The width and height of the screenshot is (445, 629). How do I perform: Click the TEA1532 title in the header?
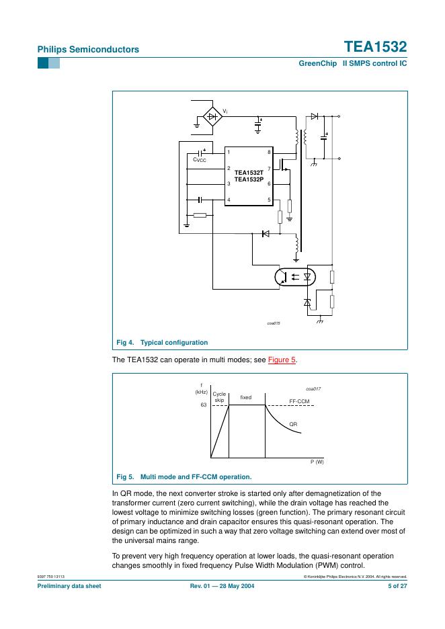pyautogui.click(x=375, y=47)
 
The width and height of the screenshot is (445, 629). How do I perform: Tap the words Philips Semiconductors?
pyautogui.click(x=88, y=49)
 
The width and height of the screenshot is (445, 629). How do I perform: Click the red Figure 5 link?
pyautogui.click(x=282, y=360)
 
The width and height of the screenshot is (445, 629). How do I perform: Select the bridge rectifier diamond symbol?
pyautogui.click(x=212, y=117)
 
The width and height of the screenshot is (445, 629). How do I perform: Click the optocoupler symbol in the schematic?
pyautogui.click(x=295, y=277)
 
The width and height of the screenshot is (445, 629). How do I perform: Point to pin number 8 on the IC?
pyautogui.click(x=270, y=152)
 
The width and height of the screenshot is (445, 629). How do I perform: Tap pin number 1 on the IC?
pyautogui.click(x=229, y=152)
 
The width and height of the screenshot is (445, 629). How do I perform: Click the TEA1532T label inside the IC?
pyautogui.click(x=249, y=173)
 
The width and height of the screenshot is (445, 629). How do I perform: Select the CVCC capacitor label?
pyautogui.click(x=200, y=160)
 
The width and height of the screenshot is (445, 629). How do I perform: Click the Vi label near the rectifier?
pyautogui.click(x=225, y=111)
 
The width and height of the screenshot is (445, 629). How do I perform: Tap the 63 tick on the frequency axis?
pyautogui.click(x=204, y=405)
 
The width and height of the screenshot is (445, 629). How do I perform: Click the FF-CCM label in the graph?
pyautogui.click(x=299, y=401)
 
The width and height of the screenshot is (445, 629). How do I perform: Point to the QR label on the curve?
pyautogui.click(x=293, y=424)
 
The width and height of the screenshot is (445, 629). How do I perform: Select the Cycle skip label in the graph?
pyautogui.click(x=219, y=396)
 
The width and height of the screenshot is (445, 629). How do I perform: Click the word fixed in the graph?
pyautogui.click(x=246, y=397)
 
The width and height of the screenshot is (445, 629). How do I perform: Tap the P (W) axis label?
pyautogui.click(x=317, y=462)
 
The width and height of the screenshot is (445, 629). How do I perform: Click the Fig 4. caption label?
pyautogui.click(x=125, y=343)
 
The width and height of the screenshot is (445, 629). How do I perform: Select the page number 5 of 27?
pyautogui.click(x=397, y=586)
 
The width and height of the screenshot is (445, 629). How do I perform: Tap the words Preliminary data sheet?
pyautogui.click(x=69, y=586)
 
